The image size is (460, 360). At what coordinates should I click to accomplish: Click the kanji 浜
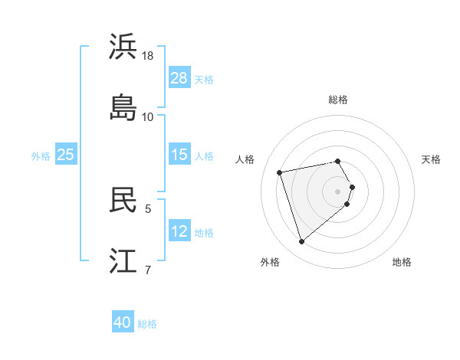[x=123, y=47]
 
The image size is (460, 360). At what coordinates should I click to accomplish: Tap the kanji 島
[x=123, y=107]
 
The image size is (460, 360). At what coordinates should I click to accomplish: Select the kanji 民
[x=123, y=200]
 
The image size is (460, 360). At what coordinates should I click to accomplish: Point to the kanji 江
[x=123, y=260]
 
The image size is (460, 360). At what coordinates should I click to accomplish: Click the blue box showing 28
[x=179, y=77]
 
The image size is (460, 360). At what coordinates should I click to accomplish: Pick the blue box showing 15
[x=179, y=154]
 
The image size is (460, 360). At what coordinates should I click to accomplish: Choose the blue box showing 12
[x=179, y=231]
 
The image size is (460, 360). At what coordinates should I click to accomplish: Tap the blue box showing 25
[x=66, y=154]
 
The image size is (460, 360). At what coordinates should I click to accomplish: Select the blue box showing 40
[x=123, y=322]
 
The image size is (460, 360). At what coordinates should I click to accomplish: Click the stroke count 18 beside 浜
[x=148, y=57]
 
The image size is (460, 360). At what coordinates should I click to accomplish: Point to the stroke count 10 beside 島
[x=148, y=116]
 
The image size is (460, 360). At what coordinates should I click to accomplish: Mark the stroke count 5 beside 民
[x=148, y=208]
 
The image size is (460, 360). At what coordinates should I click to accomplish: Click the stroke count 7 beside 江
[x=148, y=269]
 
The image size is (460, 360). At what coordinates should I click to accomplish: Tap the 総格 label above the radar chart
[x=338, y=100]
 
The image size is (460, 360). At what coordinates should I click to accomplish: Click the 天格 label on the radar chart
[x=431, y=159]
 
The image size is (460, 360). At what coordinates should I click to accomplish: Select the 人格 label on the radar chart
[x=245, y=159]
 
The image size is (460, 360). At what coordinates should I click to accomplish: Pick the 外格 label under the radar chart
[x=270, y=262]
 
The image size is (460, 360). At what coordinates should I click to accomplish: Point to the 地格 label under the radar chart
[x=402, y=262]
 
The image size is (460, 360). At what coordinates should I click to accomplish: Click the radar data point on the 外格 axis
[x=302, y=242]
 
